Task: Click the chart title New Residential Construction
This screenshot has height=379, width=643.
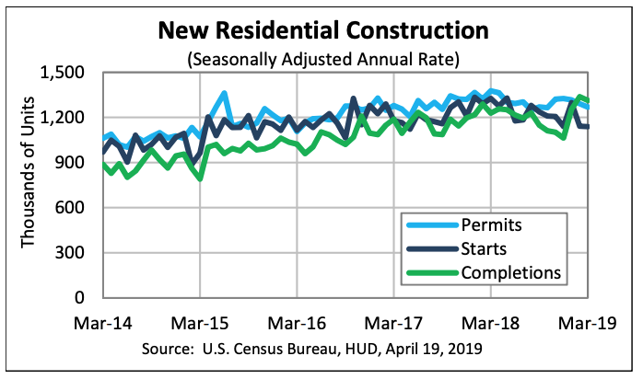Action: point(322,31)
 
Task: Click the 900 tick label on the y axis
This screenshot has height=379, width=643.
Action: point(73,163)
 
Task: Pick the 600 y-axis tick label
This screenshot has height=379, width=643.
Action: point(73,208)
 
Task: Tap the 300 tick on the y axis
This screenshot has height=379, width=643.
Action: point(73,253)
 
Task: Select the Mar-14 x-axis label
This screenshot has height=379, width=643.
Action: point(104,324)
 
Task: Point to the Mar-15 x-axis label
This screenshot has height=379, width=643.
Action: point(201,324)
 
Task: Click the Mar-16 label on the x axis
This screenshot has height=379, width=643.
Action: point(298,324)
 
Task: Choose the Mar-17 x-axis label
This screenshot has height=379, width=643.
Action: point(394,324)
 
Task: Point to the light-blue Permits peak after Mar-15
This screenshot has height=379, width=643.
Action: point(225,94)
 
